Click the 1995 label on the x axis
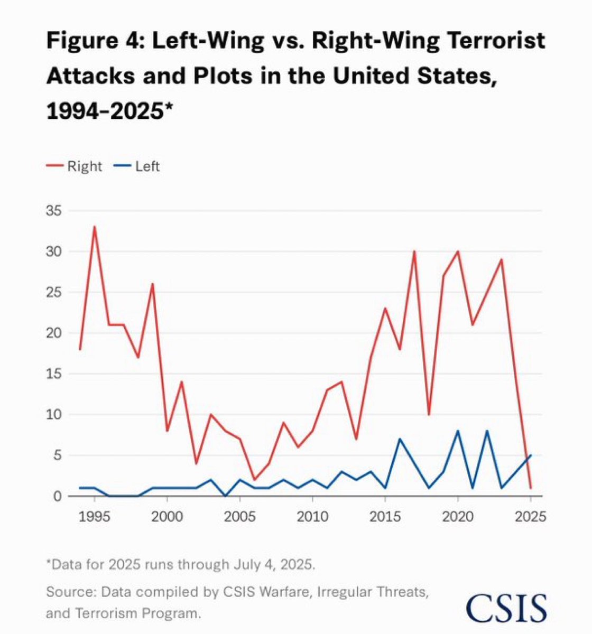tap(95, 516)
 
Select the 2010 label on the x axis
tap(312, 516)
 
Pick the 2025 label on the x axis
tap(530, 516)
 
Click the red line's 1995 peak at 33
tap(95, 227)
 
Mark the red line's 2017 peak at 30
tap(414, 251)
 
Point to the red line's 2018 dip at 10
tap(429, 414)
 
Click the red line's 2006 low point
tap(254, 480)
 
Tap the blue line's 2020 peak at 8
tap(458, 431)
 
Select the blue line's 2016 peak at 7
tap(400, 439)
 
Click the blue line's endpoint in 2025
tap(530, 455)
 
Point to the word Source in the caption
tap(65, 591)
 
